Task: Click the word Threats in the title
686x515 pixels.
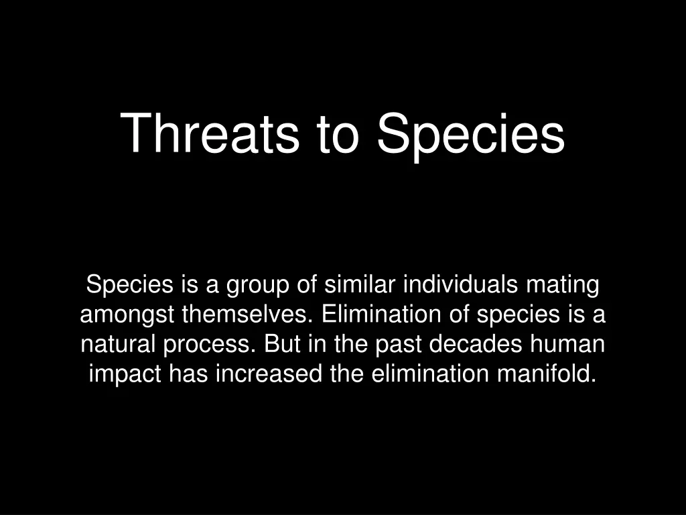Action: tap(210, 133)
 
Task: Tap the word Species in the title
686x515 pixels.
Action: tap(470, 133)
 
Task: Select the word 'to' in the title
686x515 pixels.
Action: tap(338, 133)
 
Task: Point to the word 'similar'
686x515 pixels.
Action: tap(360, 284)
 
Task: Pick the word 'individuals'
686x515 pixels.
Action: tap(460, 284)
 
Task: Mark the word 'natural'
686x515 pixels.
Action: tap(117, 344)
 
